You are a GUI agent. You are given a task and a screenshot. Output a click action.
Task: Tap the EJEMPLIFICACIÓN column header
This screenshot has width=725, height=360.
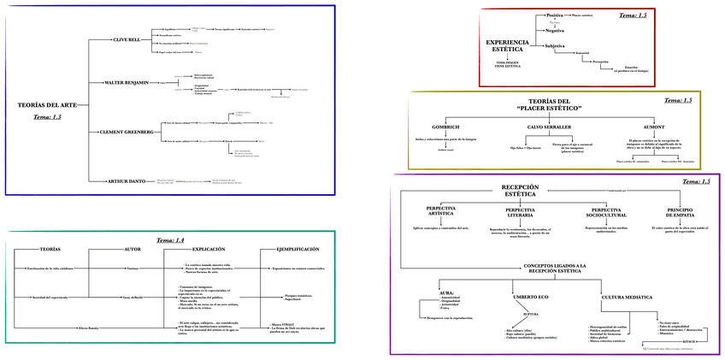[298, 249]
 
